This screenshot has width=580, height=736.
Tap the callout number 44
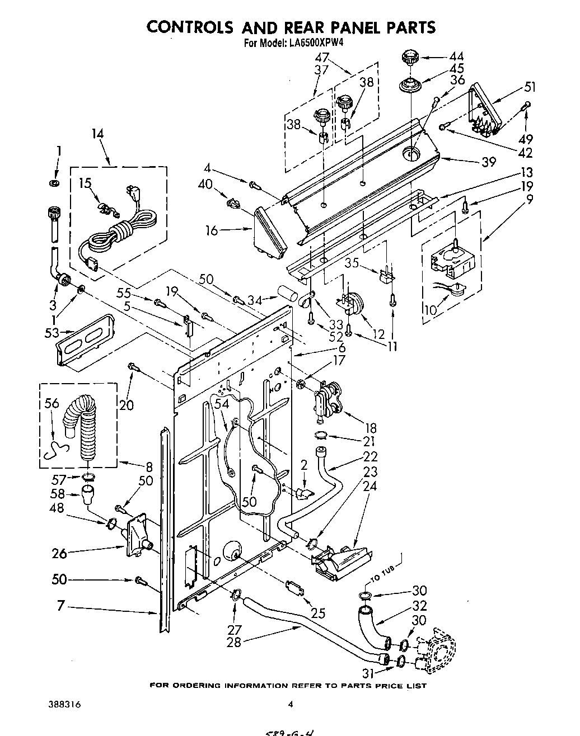(456, 56)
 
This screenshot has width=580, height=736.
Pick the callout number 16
(211, 230)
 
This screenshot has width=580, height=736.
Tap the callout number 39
(488, 162)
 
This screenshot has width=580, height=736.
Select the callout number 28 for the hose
(233, 642)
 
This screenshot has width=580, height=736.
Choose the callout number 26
(59, 554)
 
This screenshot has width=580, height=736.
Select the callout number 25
(318, 614)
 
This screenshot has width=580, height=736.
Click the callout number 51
(530, 87)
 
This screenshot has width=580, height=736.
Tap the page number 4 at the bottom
(290, 705)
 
